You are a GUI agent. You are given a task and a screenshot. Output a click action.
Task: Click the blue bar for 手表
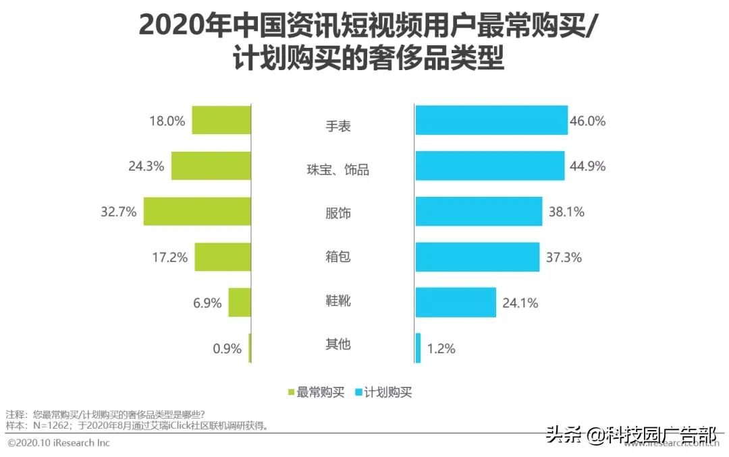click(491, 120)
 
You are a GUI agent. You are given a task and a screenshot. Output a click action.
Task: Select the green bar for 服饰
click(197, 212)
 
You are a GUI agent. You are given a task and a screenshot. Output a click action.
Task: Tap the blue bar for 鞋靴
click(456, 303)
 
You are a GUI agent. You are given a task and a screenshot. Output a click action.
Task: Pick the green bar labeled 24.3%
click(211, 165)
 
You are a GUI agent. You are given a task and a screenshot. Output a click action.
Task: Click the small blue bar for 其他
click(418, 348)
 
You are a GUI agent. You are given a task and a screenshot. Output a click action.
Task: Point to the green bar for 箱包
click(223, 257)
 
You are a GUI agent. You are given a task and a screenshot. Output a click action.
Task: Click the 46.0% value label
click(588, 122)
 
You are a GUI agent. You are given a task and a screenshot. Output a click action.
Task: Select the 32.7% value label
click(119, 212)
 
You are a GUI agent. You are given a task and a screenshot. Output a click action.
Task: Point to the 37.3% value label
click(563, 257)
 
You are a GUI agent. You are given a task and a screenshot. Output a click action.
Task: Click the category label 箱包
click(337, 257)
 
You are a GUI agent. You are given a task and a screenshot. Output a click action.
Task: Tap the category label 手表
click(337, 126)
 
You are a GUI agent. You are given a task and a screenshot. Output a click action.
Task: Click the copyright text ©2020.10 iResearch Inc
click(59, 443)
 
